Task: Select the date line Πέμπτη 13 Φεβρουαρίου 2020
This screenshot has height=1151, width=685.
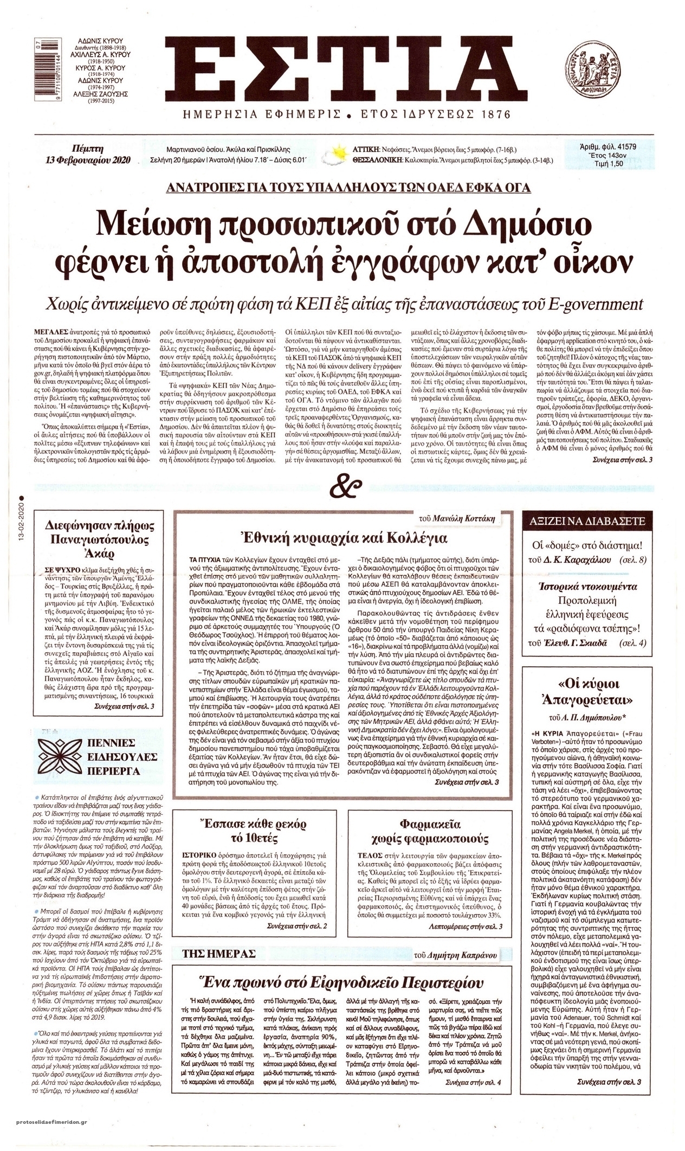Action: pos(87,153)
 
